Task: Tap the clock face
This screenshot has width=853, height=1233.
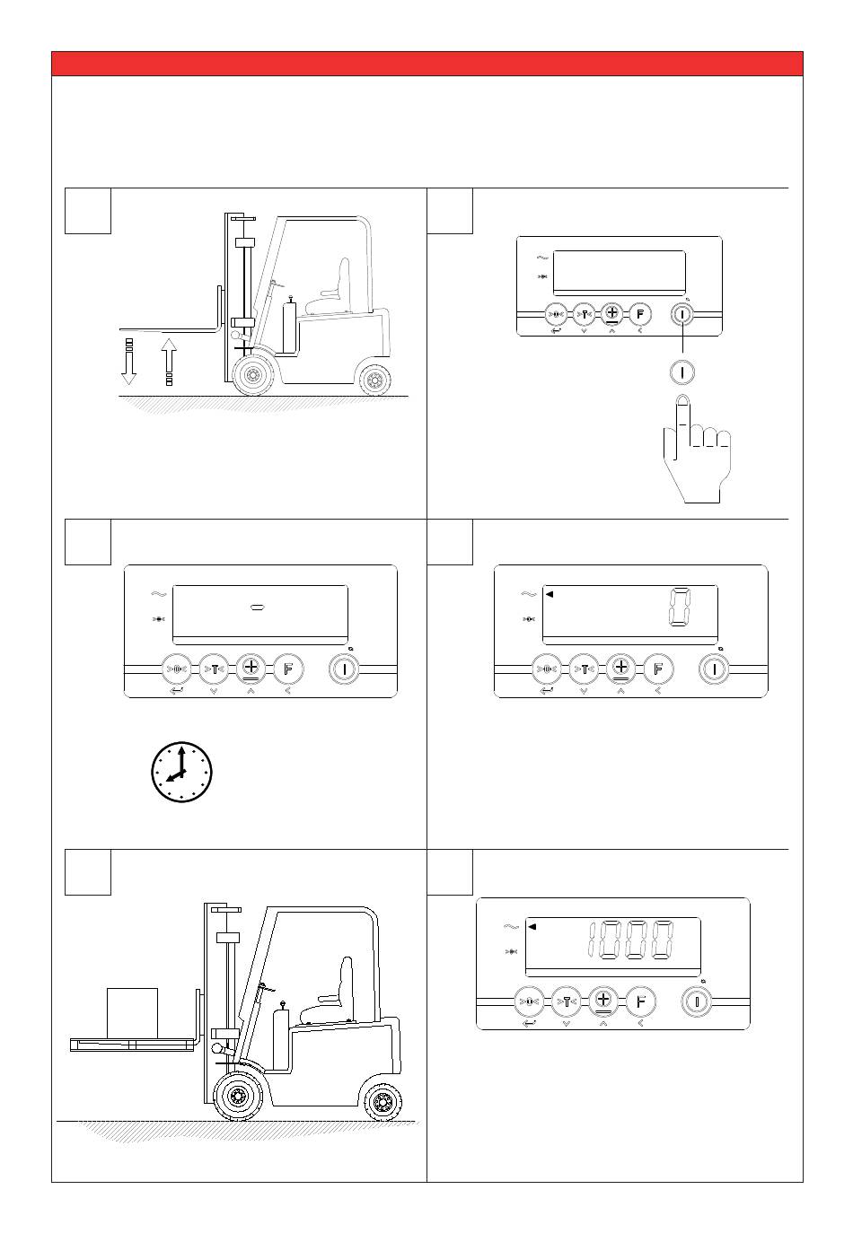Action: [181, 771]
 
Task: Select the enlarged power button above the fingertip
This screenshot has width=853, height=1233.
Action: [682, 371]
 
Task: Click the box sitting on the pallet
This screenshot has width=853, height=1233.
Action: [132, 1011]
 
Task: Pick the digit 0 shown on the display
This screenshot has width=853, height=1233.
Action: [680, 609]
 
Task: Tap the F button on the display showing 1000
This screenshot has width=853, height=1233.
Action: [639, 1001]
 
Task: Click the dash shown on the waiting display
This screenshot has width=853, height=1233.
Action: [256, 608]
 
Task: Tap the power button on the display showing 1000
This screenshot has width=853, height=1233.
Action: [696, 1001]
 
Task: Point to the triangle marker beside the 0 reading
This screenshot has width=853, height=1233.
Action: [550, 593]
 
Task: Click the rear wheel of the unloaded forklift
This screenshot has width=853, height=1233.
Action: [374, 380]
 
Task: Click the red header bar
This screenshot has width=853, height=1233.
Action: [426, 64]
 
